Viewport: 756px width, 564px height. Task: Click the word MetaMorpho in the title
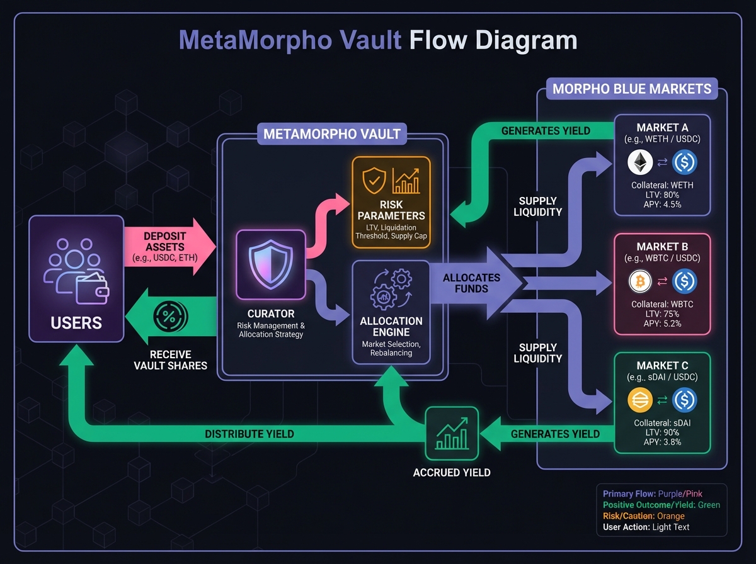click(x=290, y=40)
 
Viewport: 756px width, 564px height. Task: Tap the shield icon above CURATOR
click(x=270, y=264)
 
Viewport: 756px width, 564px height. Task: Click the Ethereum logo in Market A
click(x=640, y=163)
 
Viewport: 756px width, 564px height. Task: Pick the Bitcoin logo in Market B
click(x=640, y=281)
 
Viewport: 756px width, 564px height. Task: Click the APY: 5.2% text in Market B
click(x=661, y=324)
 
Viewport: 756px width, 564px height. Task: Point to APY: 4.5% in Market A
click(x=661, y=205)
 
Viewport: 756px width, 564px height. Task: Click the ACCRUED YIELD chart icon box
click(x=452, y=433)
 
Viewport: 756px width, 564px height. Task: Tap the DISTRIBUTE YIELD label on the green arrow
click(x=249, y=434)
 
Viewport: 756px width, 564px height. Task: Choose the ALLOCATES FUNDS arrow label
click(x=471, y=283)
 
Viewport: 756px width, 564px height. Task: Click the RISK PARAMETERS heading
click(x=391, y=210)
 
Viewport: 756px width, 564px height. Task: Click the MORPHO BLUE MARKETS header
click(x=632, y=89)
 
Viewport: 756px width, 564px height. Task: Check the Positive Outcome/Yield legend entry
click(x=661, y=505)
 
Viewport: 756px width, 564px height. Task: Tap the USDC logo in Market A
click(x=685, y=163)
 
